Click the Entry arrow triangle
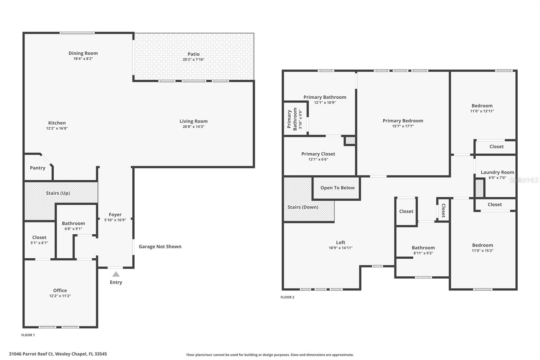116,274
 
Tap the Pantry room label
37,168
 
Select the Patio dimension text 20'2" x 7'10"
193,59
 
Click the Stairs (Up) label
58,193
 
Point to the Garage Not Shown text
160,247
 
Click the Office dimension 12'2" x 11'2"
60,296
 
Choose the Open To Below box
337,188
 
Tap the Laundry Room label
497,172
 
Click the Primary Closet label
318,154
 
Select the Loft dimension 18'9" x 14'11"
341,248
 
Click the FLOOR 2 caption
287,297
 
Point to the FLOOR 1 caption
28,335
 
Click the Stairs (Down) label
303,207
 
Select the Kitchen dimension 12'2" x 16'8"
57,128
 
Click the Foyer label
115,214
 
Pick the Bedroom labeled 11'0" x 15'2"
482,245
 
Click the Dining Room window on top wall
77,33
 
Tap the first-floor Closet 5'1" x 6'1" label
39,237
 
